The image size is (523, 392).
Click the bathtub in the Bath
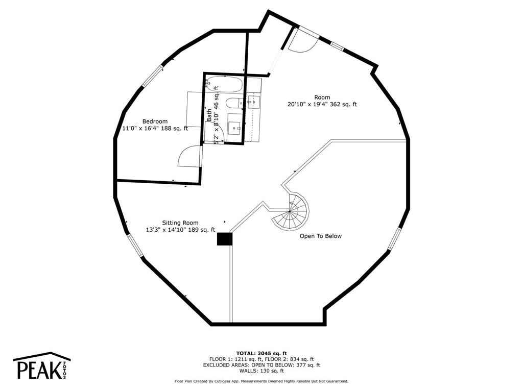224,85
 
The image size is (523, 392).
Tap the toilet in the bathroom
234,103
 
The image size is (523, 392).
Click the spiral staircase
291,211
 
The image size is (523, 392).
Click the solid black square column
225,239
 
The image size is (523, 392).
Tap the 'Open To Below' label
321,236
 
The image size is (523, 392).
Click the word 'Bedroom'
155,121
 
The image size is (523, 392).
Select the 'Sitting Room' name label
180,223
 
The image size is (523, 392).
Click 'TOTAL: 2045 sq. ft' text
261,353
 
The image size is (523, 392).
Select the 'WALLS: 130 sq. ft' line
261,371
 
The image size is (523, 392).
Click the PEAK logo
42,365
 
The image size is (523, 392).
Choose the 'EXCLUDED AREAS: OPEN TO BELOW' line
247,365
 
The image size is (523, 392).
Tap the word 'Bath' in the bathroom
209,115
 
